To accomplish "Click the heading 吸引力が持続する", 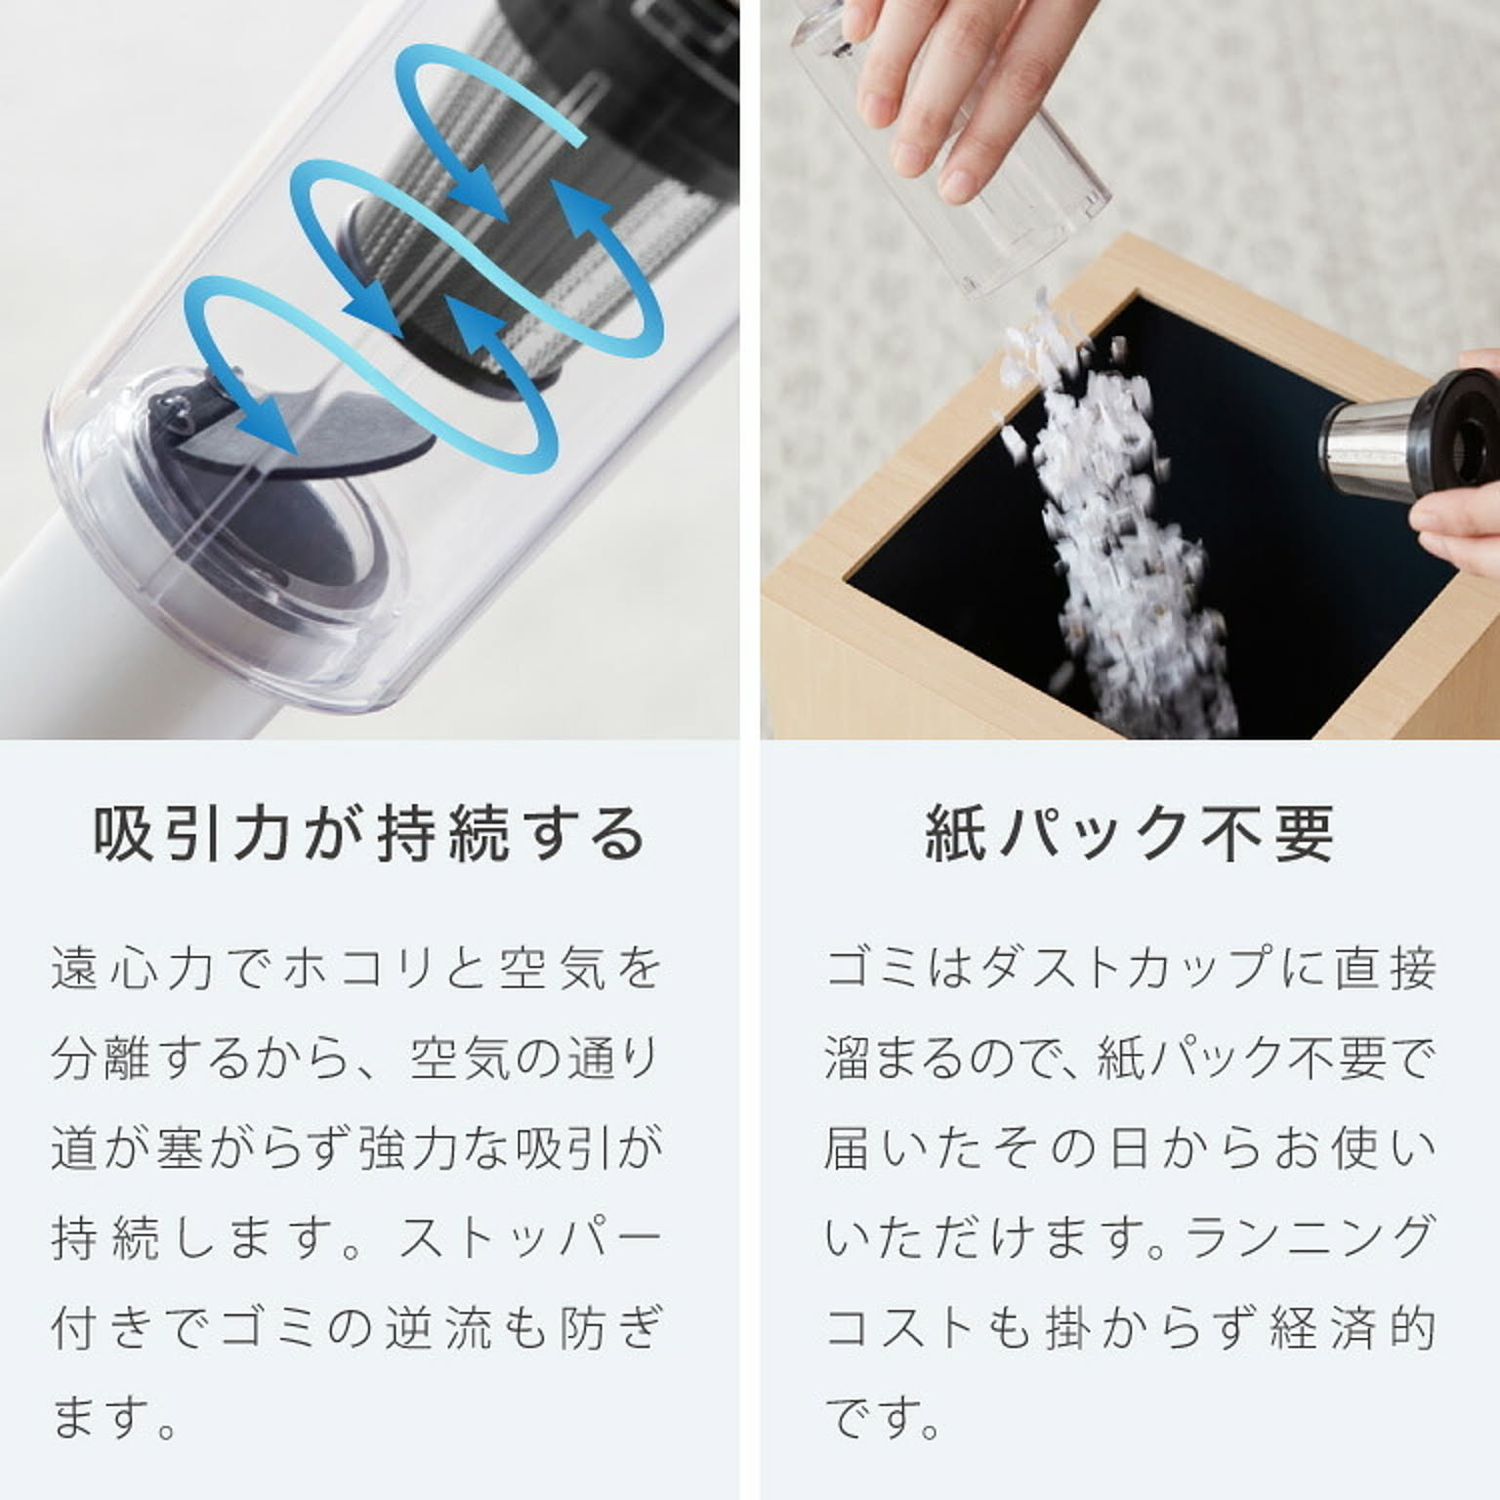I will click(x=369, y=835).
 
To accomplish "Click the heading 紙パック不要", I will click(x=1129, y=835).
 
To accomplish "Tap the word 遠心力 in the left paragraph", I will click(x=132, y=969).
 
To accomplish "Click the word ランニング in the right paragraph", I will click(x=1309, y=1238).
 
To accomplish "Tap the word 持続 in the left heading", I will click(x=443, y=835).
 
